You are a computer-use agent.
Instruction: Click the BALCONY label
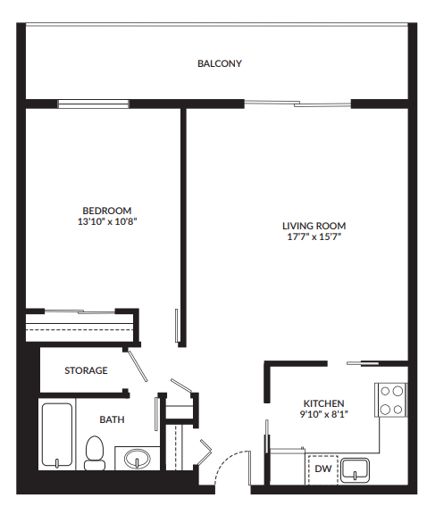click(220, 63)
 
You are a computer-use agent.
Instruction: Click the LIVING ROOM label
click(314, 226)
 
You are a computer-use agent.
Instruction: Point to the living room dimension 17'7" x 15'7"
click(314, 237)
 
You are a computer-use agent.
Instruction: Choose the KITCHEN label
click(322, 403)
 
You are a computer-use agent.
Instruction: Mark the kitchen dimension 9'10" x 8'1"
click(322, 414)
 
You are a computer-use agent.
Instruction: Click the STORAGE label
click(86, 370)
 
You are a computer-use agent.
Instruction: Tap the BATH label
click(112, 419)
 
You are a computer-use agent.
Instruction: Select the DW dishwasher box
click(322, 469)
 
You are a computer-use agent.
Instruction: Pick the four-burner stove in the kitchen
click(391, 400)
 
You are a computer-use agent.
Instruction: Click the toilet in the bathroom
click(94, 452)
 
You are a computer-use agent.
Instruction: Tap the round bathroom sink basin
click(137, 459)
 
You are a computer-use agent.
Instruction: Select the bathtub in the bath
click(58, 435)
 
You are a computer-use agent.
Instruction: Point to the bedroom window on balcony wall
click(94, 104)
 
